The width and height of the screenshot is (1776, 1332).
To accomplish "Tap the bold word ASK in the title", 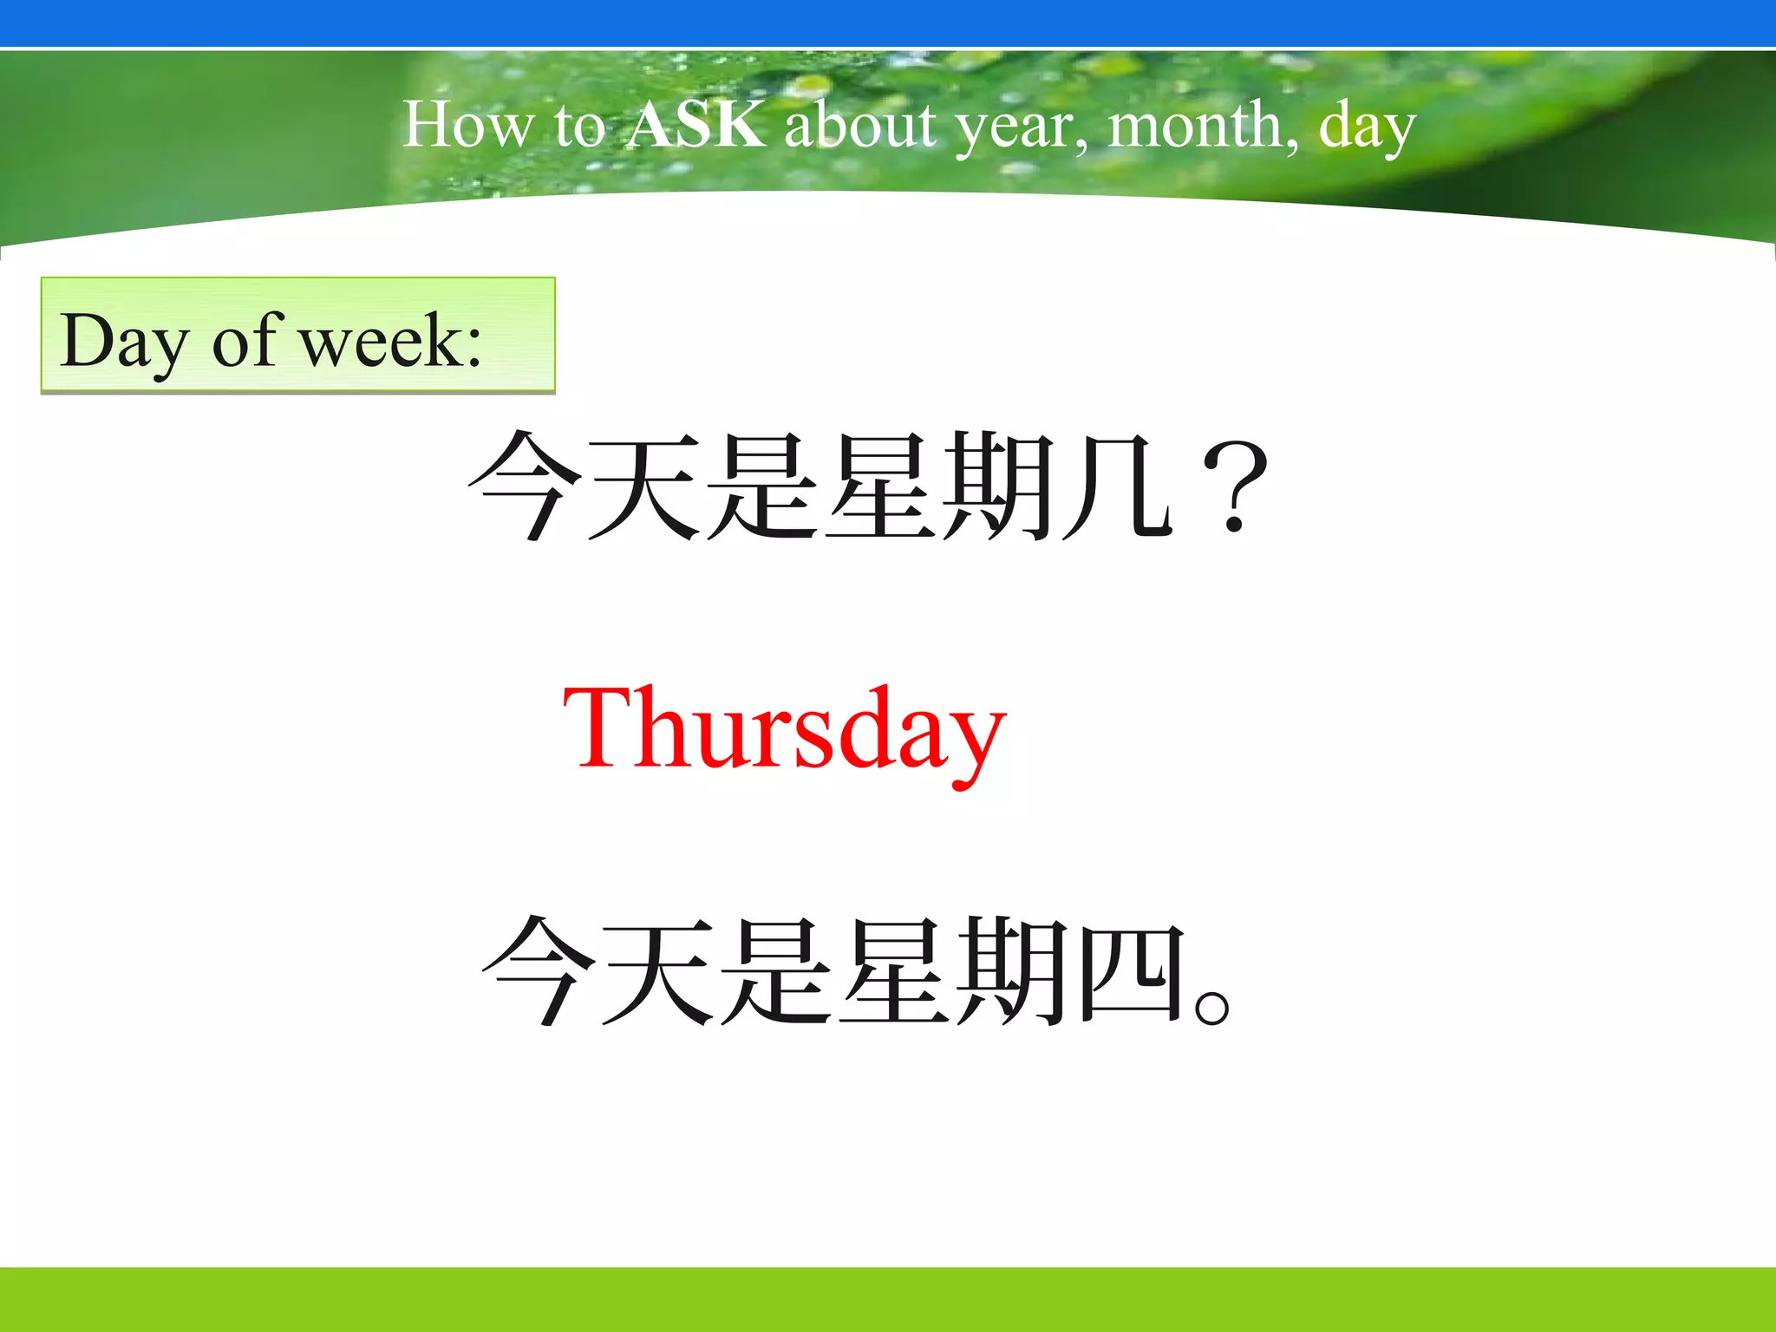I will pyautogui.click(x=696, y=124).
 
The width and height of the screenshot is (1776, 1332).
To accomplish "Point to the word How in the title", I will pyautogui.click(x=467, y=125).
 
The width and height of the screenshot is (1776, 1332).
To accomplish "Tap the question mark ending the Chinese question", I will pyautogui.click(x=1236, y=487).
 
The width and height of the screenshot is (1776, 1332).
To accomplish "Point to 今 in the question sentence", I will pyautogui.click(x=525, y=486).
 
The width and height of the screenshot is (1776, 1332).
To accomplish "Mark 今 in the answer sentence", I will pyautogui.click(x=539, y=971).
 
